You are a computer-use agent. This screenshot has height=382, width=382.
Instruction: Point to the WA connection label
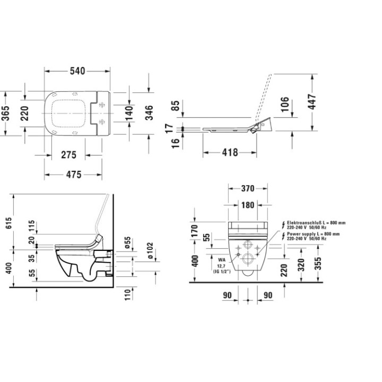pos(222,261)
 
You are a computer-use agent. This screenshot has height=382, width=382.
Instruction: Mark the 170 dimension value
pos(195,231)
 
